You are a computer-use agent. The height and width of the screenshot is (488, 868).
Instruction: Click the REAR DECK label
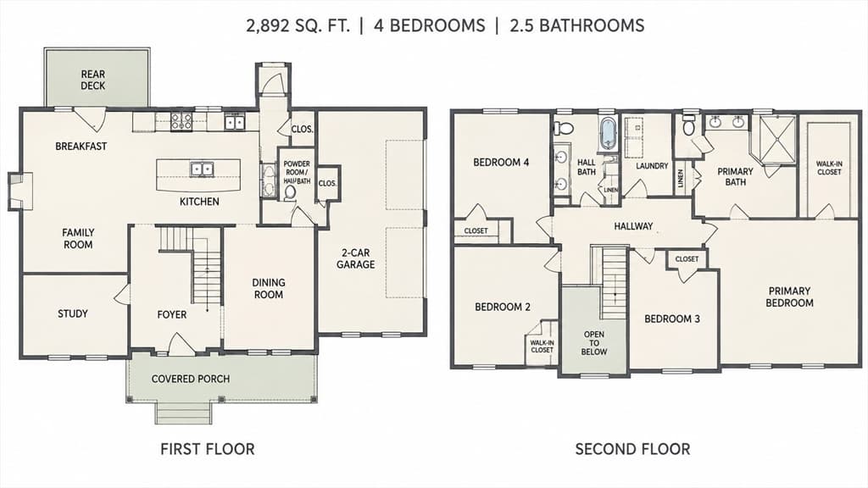click(x=93, y=80)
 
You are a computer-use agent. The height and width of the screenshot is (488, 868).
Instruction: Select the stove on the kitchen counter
click(x=181, y=121)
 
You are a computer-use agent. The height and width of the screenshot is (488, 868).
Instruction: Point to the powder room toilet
click(x=290, y=192)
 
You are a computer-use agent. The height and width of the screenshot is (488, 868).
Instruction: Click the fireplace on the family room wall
click(x=20, y=191)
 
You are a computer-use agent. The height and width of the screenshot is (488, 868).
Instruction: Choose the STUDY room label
click(x=73, y=313)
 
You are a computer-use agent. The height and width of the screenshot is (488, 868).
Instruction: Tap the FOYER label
click(x=171, y=315)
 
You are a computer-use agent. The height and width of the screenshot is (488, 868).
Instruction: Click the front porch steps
click(x=183, y=413)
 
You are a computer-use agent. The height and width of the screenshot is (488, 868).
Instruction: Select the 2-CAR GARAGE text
click(x=356, y=258)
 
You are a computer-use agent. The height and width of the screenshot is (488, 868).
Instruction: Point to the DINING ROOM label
click(x=269, y=288)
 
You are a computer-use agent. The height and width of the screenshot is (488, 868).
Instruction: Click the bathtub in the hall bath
click(x=608, y=133)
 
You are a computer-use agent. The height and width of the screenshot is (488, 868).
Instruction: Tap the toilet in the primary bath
click(x=688, y=125)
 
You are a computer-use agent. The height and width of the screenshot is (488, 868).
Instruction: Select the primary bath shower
click(x=778, y=140)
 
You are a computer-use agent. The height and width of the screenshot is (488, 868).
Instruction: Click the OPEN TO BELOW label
click(x=594, y=343)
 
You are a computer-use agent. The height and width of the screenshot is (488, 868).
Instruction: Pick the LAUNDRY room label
click(x=652, y=165)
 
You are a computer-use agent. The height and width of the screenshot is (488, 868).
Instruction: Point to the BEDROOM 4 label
click(x=501, y=162)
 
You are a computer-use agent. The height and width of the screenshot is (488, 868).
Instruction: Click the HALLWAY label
click(x=633, y=225)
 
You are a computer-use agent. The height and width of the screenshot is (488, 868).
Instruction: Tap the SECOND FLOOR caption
click(x=632, y=449)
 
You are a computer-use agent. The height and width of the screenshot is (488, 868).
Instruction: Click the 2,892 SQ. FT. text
click(x=298, y=25)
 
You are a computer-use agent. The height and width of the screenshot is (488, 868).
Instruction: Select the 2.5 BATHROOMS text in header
click(x=576, y=25)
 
